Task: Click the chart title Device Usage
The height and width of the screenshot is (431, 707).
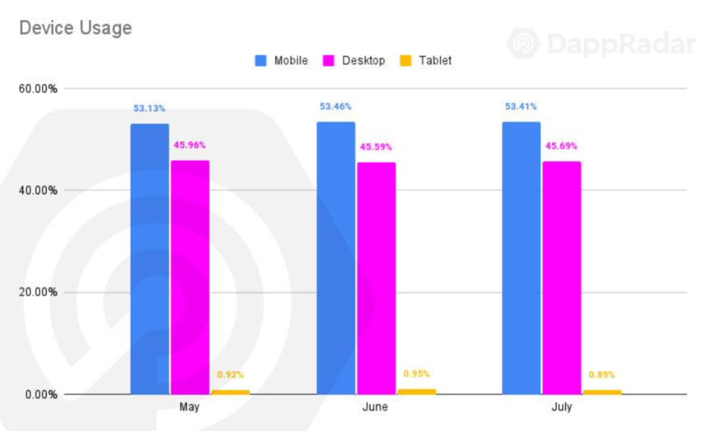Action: [75, 28]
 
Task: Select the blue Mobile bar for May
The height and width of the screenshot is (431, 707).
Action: [149, 259]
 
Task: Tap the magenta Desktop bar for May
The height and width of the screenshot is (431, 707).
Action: [190, 277]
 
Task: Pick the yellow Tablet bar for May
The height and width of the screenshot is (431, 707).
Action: [230, 392]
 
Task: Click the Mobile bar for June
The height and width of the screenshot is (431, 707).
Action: [336, 257]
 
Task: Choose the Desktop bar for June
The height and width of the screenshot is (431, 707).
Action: [376, 278]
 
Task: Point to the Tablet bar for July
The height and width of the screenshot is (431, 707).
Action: [602, 392]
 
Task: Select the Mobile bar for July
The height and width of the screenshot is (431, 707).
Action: [521, 257]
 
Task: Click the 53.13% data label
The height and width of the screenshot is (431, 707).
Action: [149, 108]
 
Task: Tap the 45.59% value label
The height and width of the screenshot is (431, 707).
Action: [376, 147]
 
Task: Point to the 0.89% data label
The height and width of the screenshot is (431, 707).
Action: [602, 375]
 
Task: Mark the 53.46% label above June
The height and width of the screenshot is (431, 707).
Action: [336, 106]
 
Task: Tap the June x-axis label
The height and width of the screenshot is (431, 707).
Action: [374, 407]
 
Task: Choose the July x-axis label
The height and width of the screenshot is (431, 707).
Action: [561, 407]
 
